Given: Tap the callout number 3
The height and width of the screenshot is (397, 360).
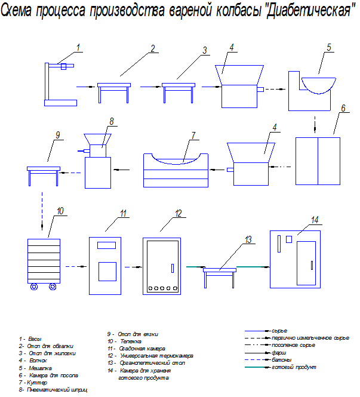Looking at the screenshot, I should [x=205, y=51].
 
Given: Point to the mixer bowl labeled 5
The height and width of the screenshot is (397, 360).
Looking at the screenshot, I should [x=318, y=83].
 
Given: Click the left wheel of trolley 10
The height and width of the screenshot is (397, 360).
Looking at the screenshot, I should [x=33, y=287].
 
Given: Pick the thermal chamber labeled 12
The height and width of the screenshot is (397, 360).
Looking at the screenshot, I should [x=179, y=213].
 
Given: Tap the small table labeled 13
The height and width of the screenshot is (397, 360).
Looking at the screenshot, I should [x=220, y=270].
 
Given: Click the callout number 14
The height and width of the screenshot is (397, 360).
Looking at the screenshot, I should [x=315, y=219].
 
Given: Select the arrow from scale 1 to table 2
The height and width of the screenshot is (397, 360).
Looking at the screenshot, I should [x=86, y=87].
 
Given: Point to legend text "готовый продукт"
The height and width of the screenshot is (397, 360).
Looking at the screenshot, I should [x=291, y=367].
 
